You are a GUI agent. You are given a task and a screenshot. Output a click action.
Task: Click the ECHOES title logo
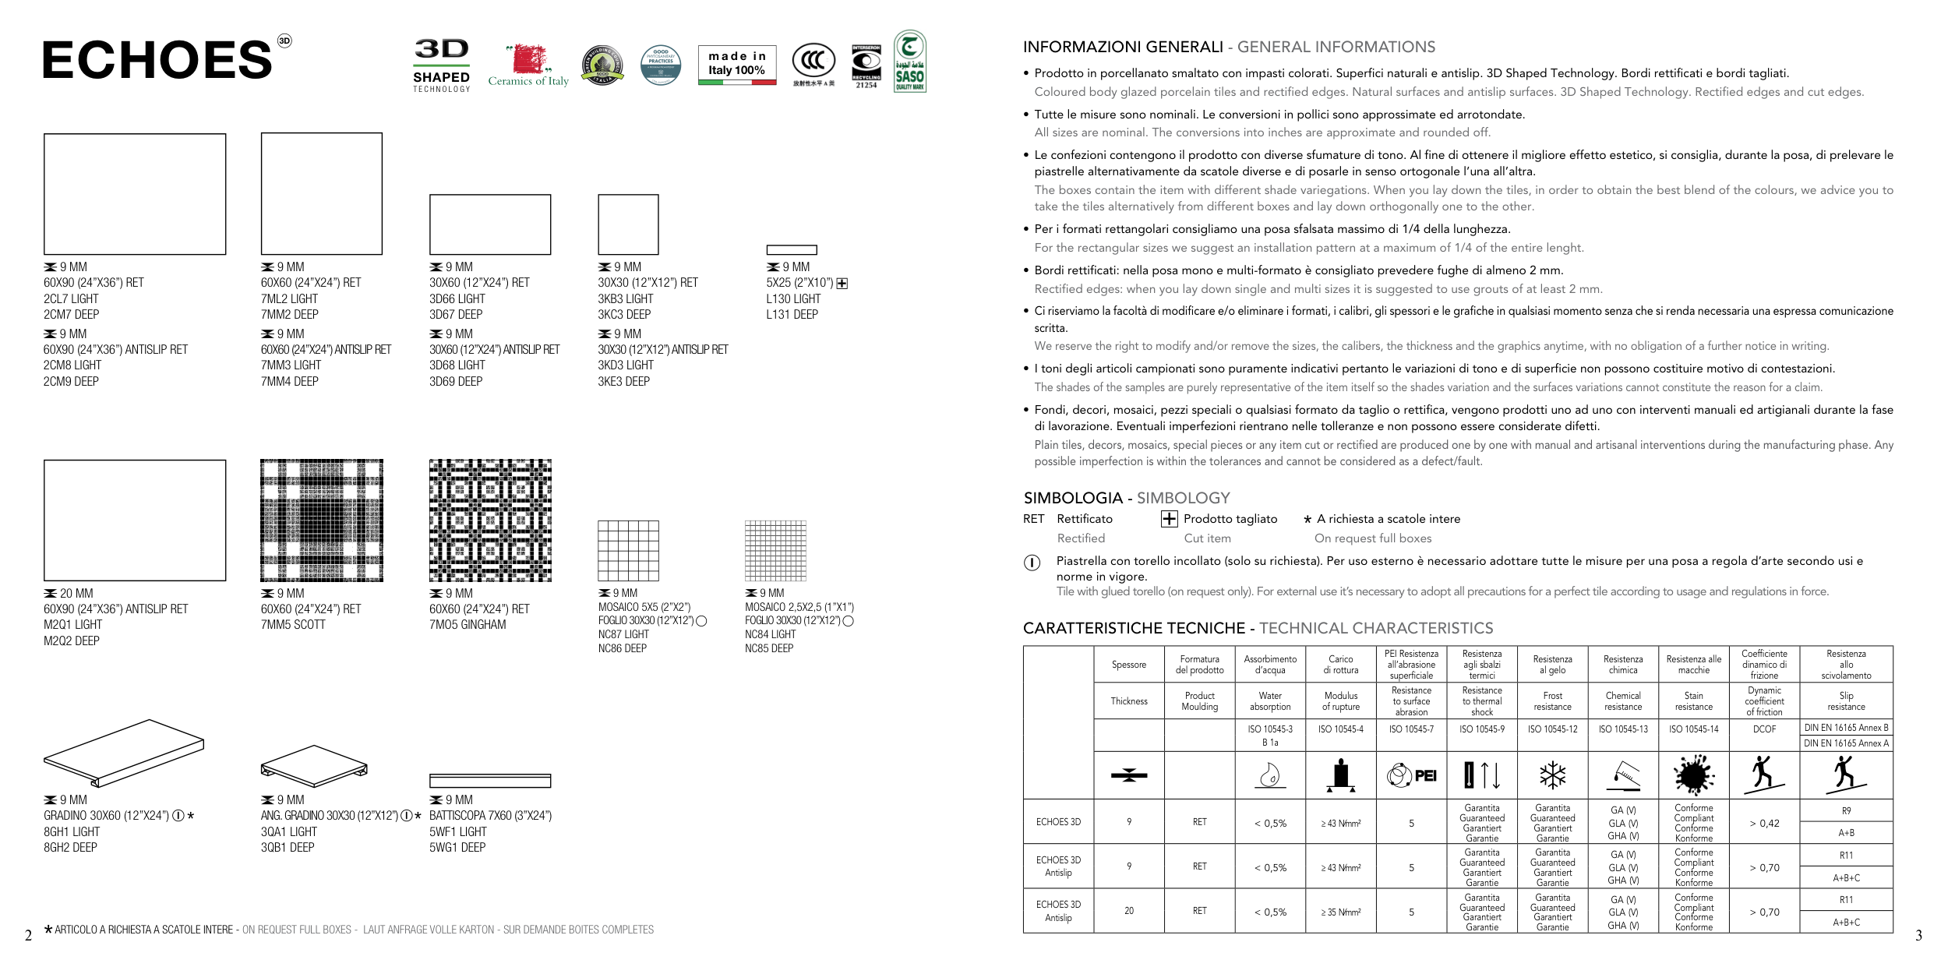pos(157,60)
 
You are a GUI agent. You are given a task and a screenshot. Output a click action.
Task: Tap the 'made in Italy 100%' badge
pos(737,65)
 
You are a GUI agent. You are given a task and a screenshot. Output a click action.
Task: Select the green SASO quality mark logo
pos(909,62)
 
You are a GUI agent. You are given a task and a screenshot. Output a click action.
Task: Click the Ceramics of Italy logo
pos(528,65)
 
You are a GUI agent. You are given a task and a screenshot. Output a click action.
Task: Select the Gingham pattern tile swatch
pos(490,521)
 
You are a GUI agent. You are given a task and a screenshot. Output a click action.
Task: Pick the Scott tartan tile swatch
pos(322,521)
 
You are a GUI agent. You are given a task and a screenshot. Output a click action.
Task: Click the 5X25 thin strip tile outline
pos(792,250)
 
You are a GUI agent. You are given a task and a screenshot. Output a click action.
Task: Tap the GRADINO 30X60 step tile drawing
pos(124,753)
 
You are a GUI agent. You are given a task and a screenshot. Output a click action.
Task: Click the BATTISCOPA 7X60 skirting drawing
pos(490,781)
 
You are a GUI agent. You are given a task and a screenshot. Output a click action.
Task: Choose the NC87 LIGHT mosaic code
pos(623,634)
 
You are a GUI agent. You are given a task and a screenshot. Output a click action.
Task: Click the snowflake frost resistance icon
pos(1552,775)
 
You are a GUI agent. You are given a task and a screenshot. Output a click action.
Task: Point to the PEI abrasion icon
pos(1411,775)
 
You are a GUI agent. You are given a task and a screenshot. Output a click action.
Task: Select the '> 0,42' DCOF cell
pos(1764,823)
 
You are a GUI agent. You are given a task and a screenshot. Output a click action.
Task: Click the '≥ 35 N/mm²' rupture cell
pos(1340,912)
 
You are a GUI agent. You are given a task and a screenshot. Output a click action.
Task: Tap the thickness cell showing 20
pos(1129,911)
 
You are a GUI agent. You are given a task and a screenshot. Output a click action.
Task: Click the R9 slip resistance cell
pos(1846,811)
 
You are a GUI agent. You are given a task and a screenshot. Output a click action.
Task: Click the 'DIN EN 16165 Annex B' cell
pos(1846,728)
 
